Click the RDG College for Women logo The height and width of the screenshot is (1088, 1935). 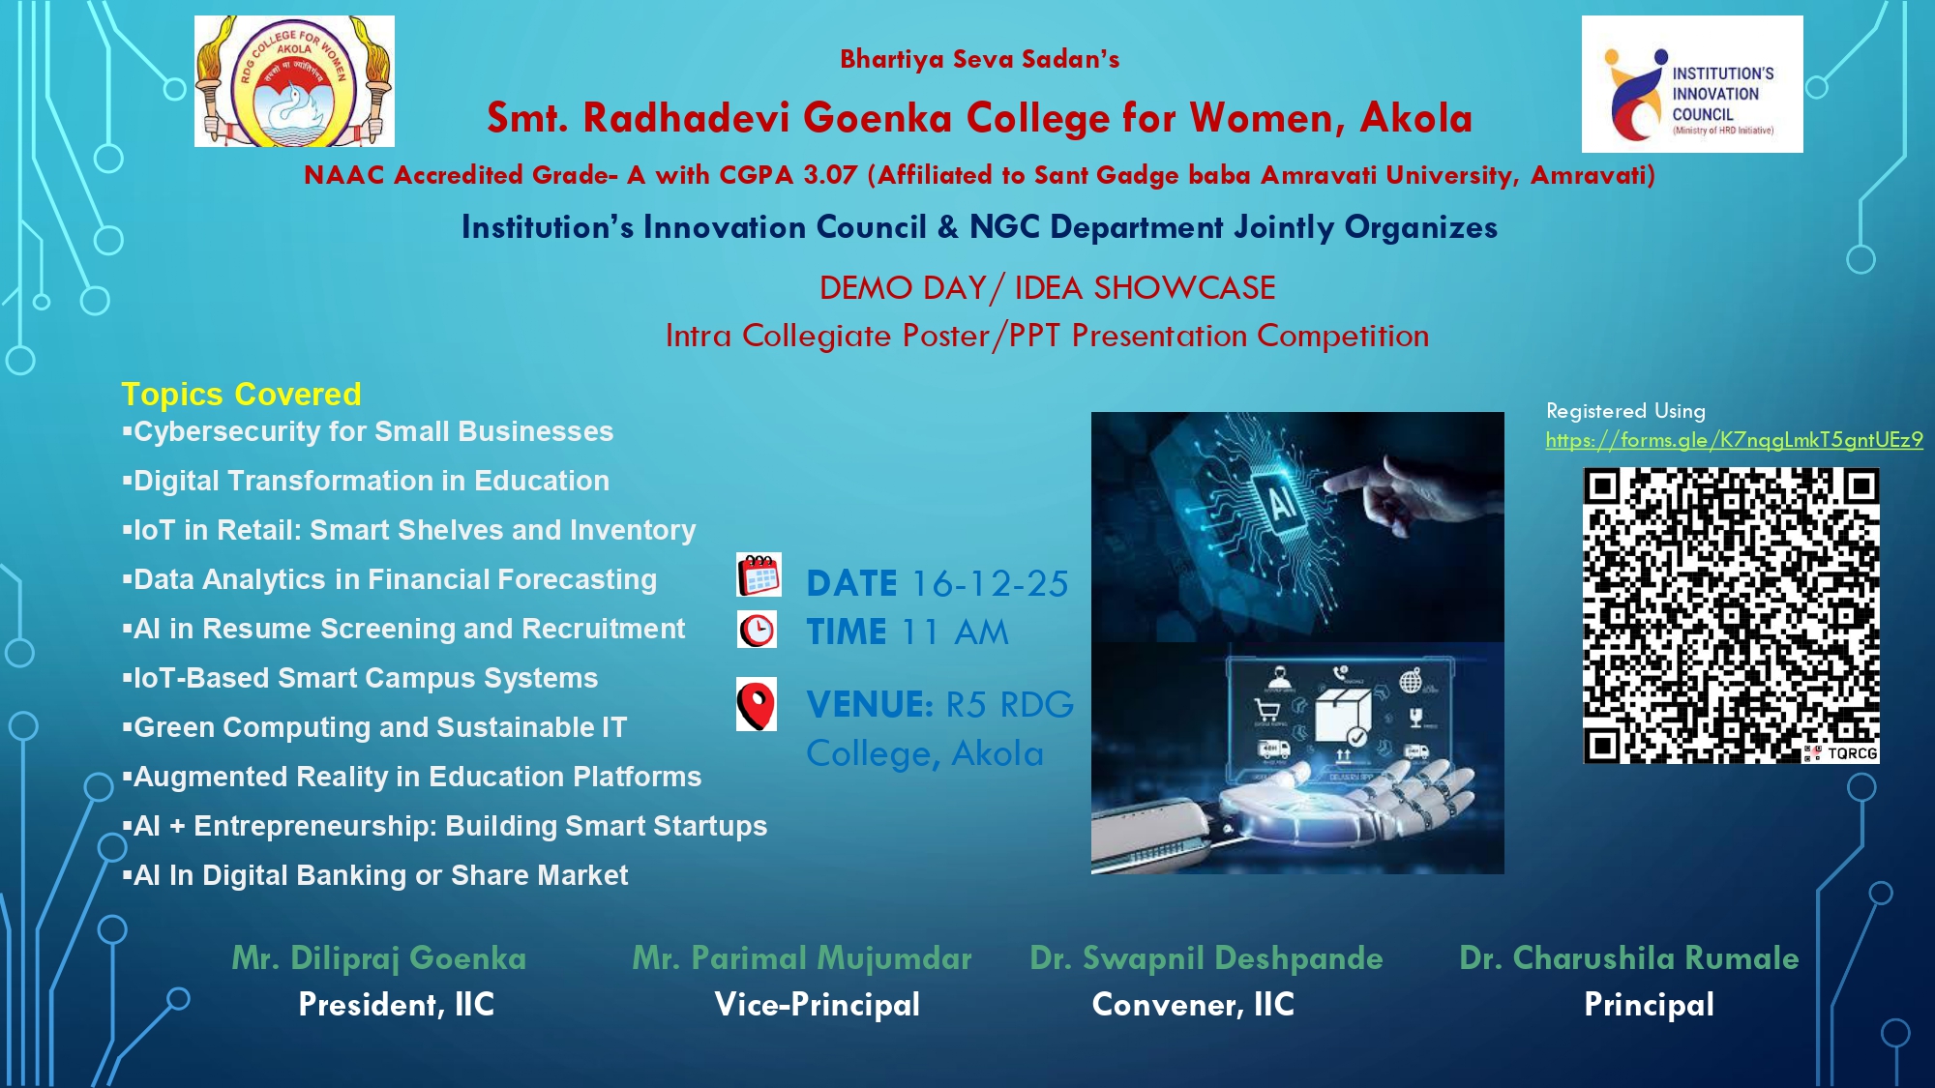pyautogui.click(x=294, y=81)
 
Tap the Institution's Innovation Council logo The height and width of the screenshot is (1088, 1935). pyautogui.click(x=1692, y=84)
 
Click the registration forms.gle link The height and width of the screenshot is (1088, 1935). pyautogui.click(x=1734, y=440)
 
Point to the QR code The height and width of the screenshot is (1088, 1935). pyautogui.click(x=1731, y=615)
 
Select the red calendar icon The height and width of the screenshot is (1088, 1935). pyautogui.click(x=759, y=574)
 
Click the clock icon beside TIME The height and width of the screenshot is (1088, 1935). pyautogui.click(x=757, y=630)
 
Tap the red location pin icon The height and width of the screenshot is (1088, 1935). pyautogui.click(x=757, y=704)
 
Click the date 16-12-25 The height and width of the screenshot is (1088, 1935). pyautogui.click(x=990, y=583)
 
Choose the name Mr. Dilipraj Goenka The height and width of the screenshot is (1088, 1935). pyautogui.click(x=379, y=958)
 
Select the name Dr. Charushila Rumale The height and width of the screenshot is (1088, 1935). pyautogui.click(x=1629, y=958)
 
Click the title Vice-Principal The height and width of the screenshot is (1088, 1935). pyautogui.click(x=818, y=1005)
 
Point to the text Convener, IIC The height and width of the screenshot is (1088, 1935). pyautogui.click(x=1193, y=1005)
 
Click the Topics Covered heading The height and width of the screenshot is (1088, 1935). pyautogui.click(x=241, y=395)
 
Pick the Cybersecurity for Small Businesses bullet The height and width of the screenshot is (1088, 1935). pyautogui.click(x=368, y=431)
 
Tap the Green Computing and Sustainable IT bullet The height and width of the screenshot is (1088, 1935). pyautogui.click(x=374, y=727)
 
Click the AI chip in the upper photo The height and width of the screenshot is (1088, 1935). pyautogui.click(x=1280, y=502)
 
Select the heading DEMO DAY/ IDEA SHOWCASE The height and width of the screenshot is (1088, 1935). pyautogui.click(x=1048, y=288)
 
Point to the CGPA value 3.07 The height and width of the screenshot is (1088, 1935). pyautogui.click(x=830, y=175)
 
